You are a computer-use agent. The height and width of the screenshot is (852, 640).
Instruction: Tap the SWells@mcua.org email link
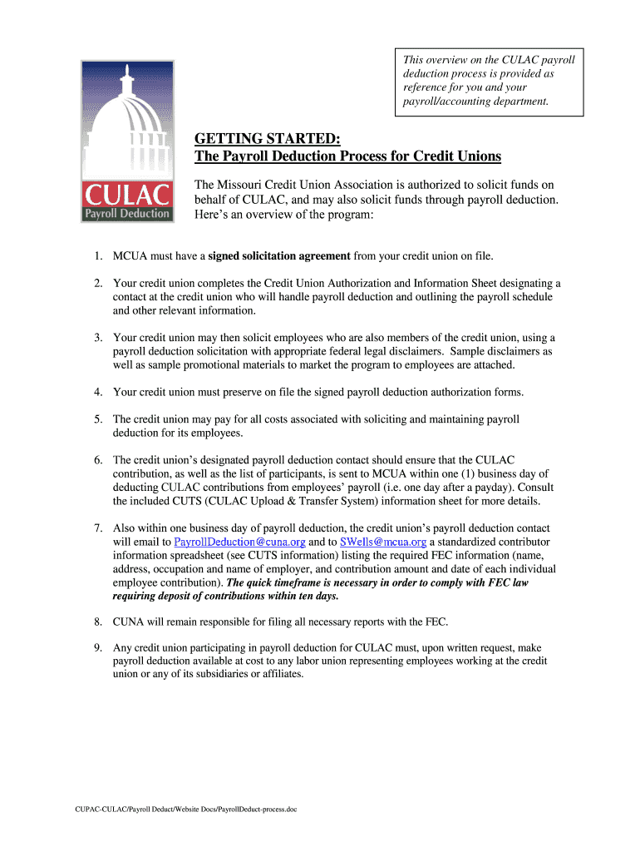tap(383, 542)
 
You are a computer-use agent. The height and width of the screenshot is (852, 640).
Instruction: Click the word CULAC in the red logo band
tap(127, 197)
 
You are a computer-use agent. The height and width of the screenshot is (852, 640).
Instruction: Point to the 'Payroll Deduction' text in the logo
tap(127, 214)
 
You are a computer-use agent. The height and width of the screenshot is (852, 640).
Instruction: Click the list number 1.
tap(97, 255)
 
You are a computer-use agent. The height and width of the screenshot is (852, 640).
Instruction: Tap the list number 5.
tap(97, 419)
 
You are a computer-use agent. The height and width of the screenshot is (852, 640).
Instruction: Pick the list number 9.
tap(97, 646)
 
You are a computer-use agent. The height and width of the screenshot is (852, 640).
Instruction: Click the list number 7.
tap(97, 528)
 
